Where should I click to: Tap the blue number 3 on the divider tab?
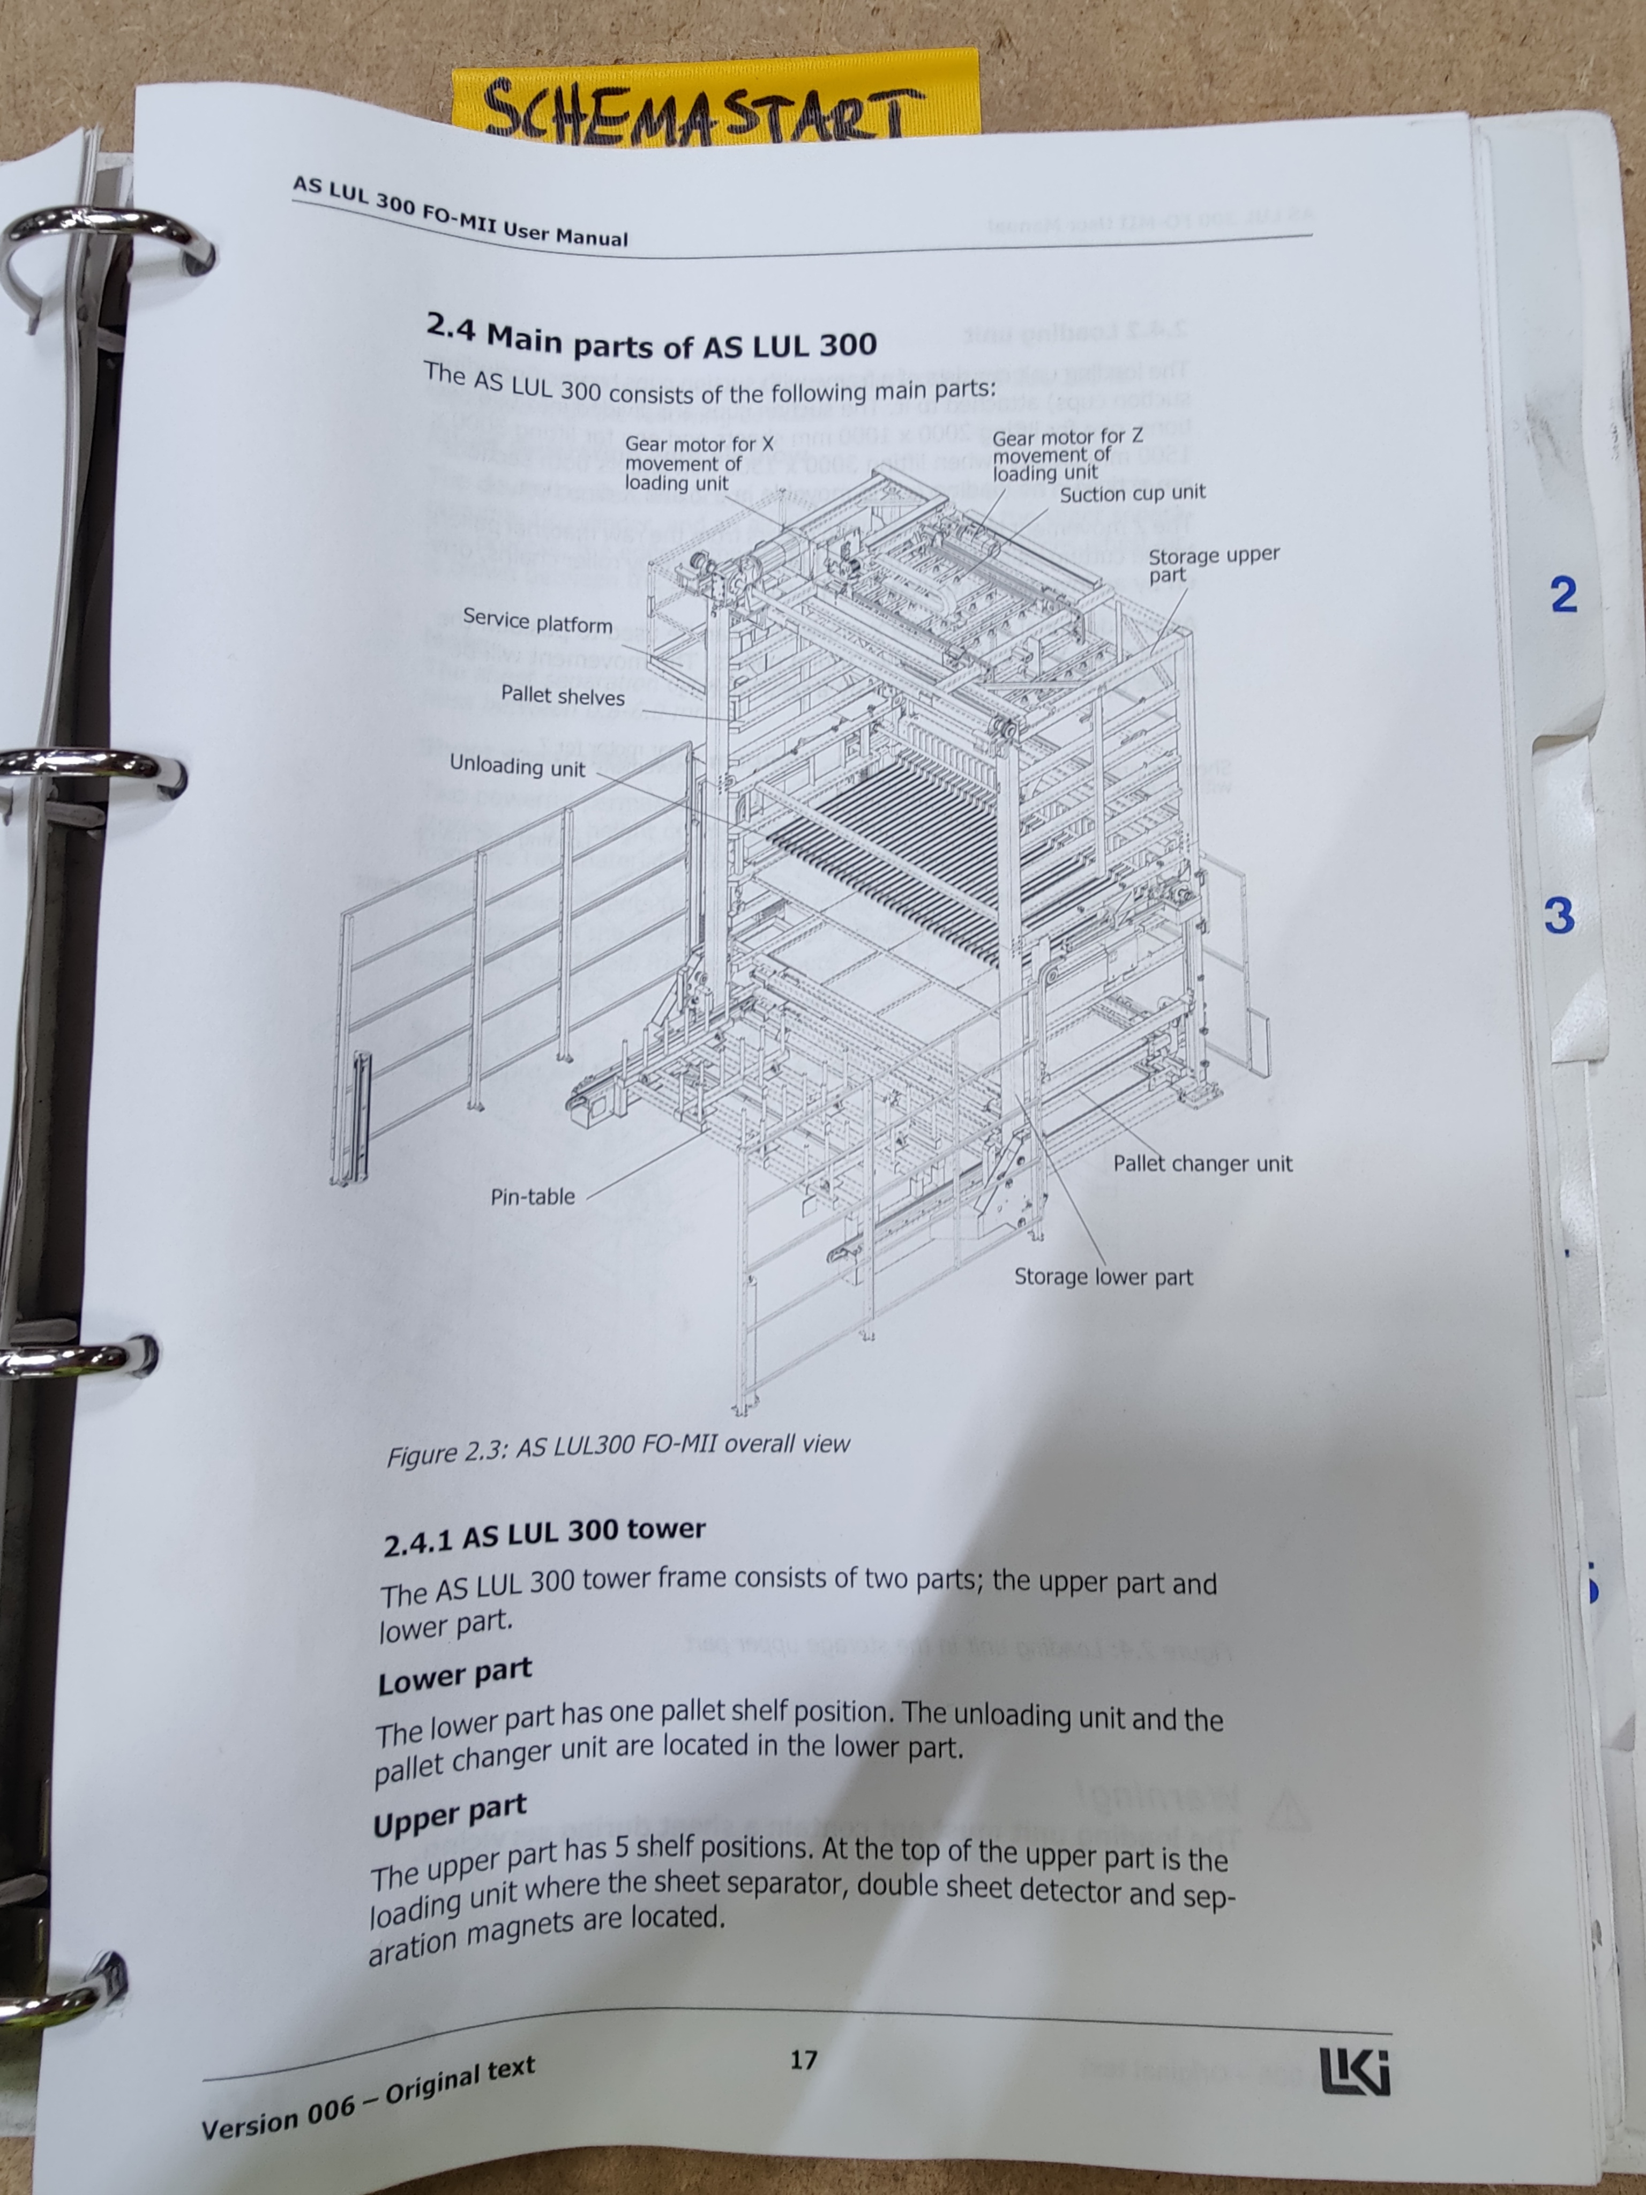(x=1559, y=915)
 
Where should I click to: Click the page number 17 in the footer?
(x=804, y=2060)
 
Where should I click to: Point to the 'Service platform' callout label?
(x=538, y=621)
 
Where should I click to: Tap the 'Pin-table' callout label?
(x=533, y=1197)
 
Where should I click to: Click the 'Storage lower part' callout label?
(x=1103, y=1277)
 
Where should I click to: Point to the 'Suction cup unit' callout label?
(x=1132, y=493)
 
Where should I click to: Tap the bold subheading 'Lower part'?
(x=454, y=1676)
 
